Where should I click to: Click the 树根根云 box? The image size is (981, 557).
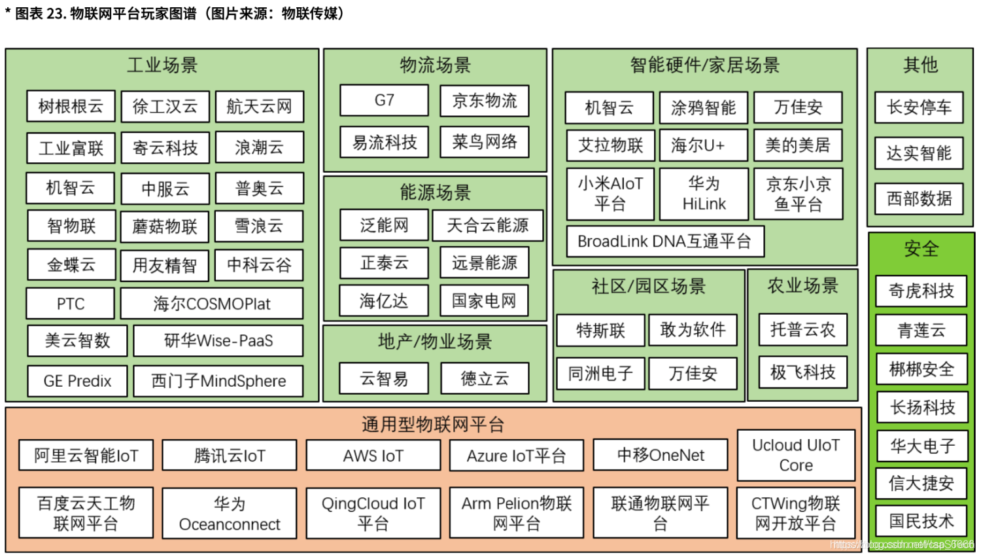pyautogui.click(x=71, y=107)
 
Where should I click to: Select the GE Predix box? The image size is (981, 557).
pyautogui.click(x=77, y=381)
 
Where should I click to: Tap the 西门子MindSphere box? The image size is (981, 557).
pyautogui.click(x=218, y=381)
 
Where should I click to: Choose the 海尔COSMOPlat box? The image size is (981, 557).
pyautogui.click(x=212, y=304)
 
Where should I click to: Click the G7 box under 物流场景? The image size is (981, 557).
pyautogui.click(x=384, y=100)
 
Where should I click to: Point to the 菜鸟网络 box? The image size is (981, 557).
pyautogui.click(x=484, y=142)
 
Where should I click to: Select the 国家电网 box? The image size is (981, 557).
pyautogui.click(x=484, y=300)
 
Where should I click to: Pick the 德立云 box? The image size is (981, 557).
pyautogui.click(x=484, y=378)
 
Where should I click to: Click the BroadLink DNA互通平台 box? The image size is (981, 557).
pyautogui.click(x=664, y=242)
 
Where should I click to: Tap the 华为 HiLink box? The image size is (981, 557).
pyautogui.click(x=704, y=194)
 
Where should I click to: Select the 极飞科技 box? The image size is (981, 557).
pyautogui.click(x=802, y=372)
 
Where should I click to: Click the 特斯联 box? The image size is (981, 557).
pyautogui.click(x=600, y=331)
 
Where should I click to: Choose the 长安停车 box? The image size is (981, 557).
pyautogui.click(x=919, y=107)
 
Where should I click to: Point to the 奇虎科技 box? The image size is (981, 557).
pyautogui.click(x=921, y=291)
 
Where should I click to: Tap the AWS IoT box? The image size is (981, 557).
pyautogui.click(x=373, y=456)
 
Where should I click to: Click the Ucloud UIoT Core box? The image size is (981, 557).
pyautogui.click(x=796, y=456)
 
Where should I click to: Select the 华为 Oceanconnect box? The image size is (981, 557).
pyautogui.click(x=229, y=514)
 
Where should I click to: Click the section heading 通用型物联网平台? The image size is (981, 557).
pyautogui.click(x=433, y=425)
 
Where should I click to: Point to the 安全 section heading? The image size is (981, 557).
pyautogui.click(x=921, y=249)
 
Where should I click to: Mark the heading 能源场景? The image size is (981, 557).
pyautogui.click(x=435, y=192)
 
